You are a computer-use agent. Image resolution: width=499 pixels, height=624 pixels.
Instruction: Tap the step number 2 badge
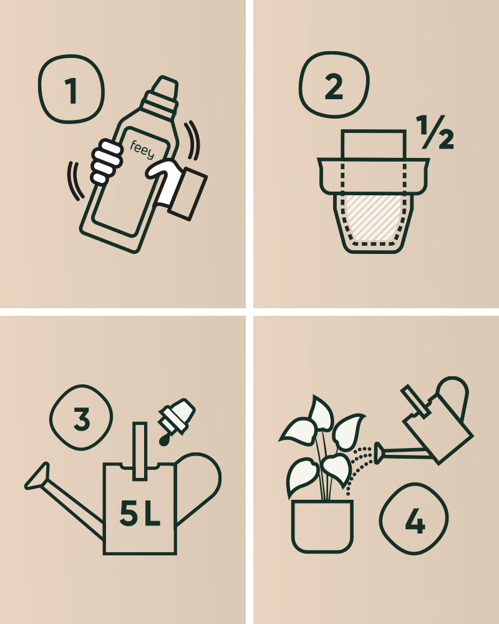(334, 87)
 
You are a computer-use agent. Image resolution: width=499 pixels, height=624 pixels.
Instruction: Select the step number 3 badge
(81, 418)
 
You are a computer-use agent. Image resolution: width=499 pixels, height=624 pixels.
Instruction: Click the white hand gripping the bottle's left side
(106, 162)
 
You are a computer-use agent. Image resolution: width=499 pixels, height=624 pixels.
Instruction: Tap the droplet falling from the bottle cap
(164, 441)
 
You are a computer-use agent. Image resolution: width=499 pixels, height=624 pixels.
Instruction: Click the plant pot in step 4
(322, 525)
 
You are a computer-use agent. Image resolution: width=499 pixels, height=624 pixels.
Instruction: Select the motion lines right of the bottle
(192, 140)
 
